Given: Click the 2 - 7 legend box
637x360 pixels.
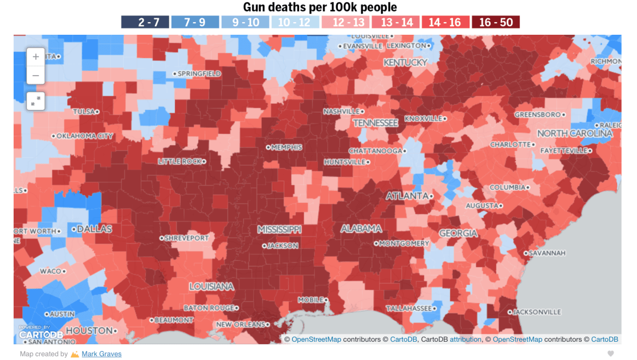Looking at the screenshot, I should pyautogui.click(x=145, y=22).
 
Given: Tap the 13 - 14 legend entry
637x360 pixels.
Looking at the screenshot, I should pyautogui.click(x=395, y=22).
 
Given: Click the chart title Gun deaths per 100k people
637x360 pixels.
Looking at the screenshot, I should pyautogui.click(x=320, y=7).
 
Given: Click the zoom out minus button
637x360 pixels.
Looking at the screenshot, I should pyautogui.click(x=36, y=76).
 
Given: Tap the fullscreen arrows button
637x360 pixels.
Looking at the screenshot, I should pyautogui.click(x=36, y=101).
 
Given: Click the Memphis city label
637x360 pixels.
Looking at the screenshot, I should pyautogui.click(x=286, y=147).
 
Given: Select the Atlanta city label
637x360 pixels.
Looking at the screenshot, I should pyautogui.click(x=407, y=196).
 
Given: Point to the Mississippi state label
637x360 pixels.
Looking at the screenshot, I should pyautogui.click(x=279, y=229).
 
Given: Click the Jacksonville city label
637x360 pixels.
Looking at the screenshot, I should pyautogui.click(x=537, y=312).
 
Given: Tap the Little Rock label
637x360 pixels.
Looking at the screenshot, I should pyautogui.click(x=179, y=161).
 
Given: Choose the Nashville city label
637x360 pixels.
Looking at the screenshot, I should pyautogui.click(x=342, y=111).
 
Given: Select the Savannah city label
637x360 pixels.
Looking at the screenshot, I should pyautogui.click(x=547, y=253).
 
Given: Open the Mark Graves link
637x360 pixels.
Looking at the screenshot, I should pyautogui.click(x=101, y=354).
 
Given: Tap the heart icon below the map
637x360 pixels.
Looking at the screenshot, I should pyautogui.click(x=611, y=354).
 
